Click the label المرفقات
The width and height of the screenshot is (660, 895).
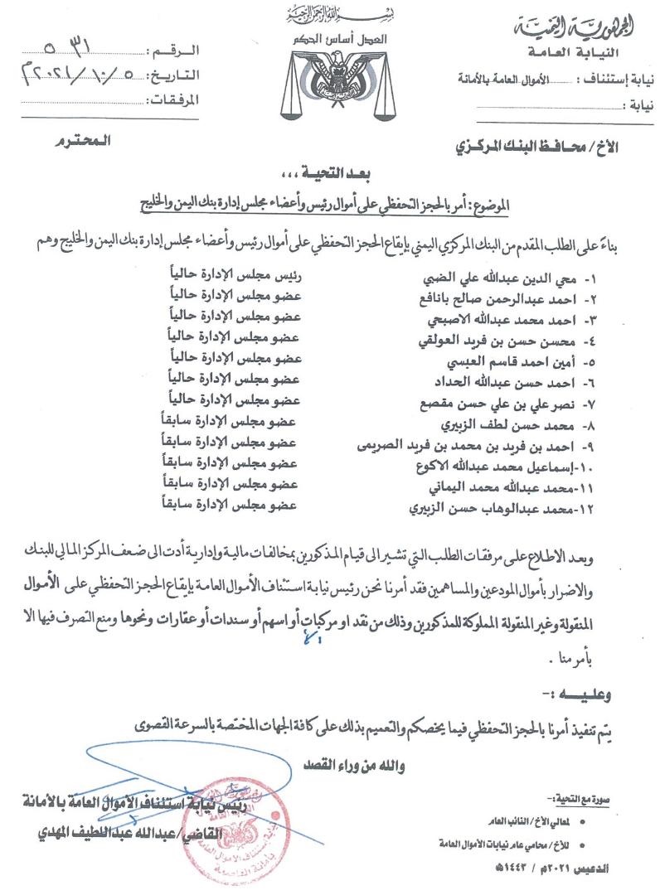(x=172, y=101)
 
